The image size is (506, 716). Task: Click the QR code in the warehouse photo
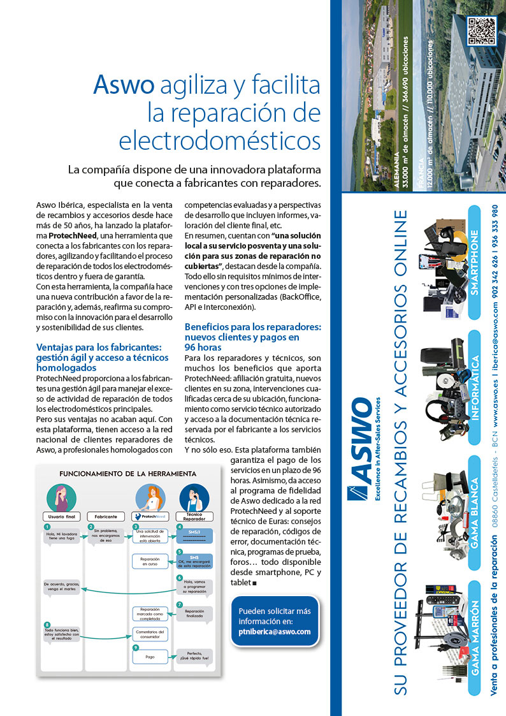coord(481,31)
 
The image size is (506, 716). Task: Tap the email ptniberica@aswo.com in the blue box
coord(275,632)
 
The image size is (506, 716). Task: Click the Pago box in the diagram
coord(150,656)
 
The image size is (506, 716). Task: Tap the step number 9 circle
coord(136,648)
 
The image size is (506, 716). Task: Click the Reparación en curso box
coord(150,561)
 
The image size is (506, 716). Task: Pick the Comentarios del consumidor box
coord(150,634)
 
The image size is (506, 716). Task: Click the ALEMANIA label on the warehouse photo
coord(399,170)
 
